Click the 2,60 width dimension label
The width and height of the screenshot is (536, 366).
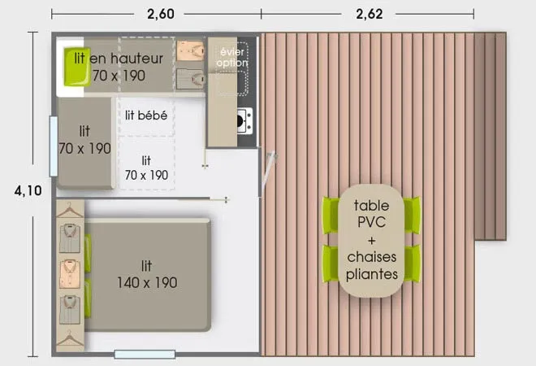pos(157,14)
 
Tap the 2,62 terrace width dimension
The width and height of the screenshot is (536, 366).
pos(368,14)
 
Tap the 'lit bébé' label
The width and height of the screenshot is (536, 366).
pos(146,115)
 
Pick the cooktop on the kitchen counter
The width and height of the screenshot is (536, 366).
pos(242,121)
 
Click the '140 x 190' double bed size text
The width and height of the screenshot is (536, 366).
pos(146,283)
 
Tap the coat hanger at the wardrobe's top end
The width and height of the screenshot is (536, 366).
pos(70,210)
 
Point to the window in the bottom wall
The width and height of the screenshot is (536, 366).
pos(145,354)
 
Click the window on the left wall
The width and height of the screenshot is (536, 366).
pos(53,146)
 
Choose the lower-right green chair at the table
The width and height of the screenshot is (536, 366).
pos(413,264)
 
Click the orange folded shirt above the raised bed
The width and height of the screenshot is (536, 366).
pos(191,50)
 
